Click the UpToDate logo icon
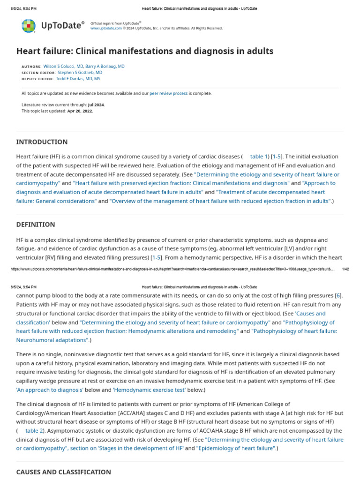click(28, 25)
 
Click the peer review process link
click(168, 93)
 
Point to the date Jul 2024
click(97, 105)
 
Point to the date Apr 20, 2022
click(81, 111)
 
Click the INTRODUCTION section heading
click(42, 142)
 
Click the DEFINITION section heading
click(36, 225)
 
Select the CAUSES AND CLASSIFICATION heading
click(64, 472)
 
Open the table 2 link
click(34, 430)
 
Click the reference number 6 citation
click(338, 295)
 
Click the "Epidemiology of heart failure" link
click(235, 448)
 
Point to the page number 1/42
click(345, 269)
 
